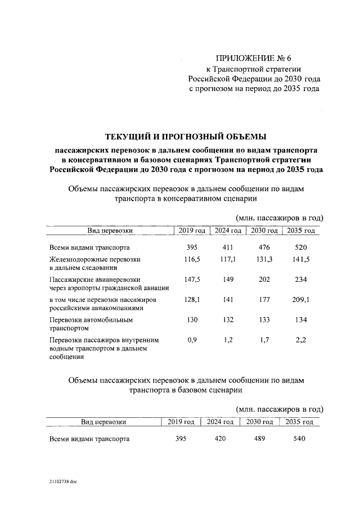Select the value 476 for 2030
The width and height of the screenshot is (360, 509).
click(264, 247)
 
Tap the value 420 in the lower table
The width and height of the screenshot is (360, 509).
click(220, 439)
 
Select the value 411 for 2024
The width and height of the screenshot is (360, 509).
click(228, 247)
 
